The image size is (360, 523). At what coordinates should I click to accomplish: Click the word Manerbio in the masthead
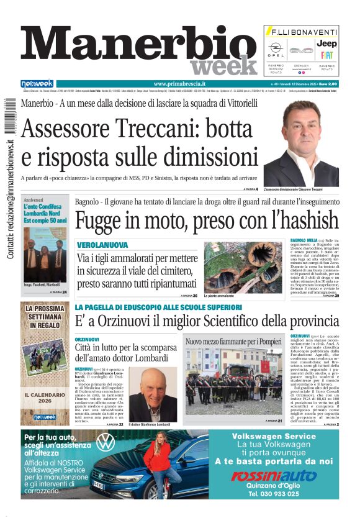130,45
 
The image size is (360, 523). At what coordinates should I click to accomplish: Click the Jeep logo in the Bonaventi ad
326,43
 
